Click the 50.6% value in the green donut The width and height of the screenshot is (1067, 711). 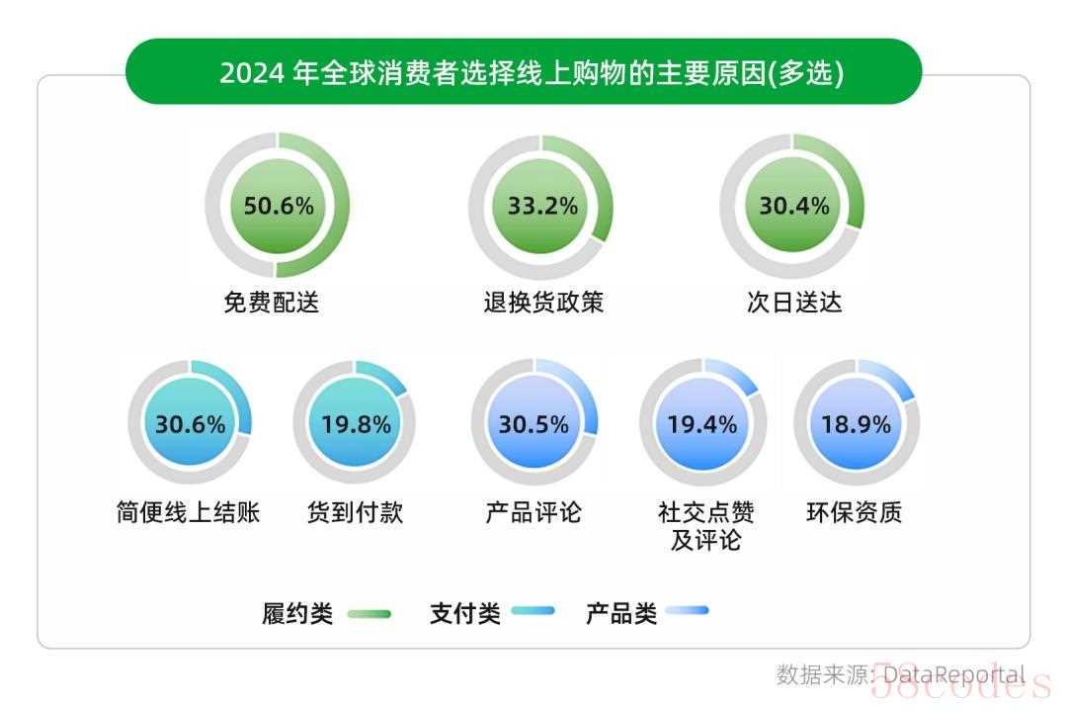click(278, 206)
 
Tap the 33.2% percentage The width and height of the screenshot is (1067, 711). click(542, 206)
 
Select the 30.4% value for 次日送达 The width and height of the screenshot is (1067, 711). click(793, 206)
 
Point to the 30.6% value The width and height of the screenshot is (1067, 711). click(190, 424)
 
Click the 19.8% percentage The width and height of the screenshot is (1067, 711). click(356, 424)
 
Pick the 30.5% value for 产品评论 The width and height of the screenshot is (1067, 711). click(533, 424)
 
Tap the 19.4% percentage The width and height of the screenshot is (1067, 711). click(701, 424)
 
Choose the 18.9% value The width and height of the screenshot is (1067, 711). click(857, 424)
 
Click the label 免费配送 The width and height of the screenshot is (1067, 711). click(272, 302)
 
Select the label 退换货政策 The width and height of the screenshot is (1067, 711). click(542, 302)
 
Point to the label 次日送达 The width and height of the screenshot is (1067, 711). click(794, 302)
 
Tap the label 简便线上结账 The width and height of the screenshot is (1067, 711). click(188, 512)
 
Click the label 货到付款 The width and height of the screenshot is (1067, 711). click(356, 512)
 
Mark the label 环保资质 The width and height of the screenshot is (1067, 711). click(855, 512)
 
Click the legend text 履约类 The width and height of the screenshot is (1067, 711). click(297, 613)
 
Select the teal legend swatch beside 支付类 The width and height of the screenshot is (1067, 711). click(534, 612)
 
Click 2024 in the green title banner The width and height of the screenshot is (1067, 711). click(252, 73)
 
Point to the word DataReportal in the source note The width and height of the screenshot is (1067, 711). click(953, 674)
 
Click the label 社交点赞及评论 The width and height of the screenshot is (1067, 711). click(705, 526)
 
